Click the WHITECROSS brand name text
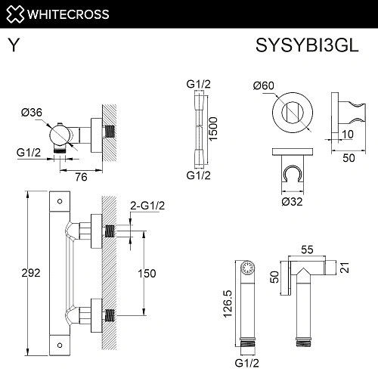coord(70,13)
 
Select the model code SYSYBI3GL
coord(311,45)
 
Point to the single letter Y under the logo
coord(13,45)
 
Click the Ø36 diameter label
coord(31,113)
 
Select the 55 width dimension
coord(307,248)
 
